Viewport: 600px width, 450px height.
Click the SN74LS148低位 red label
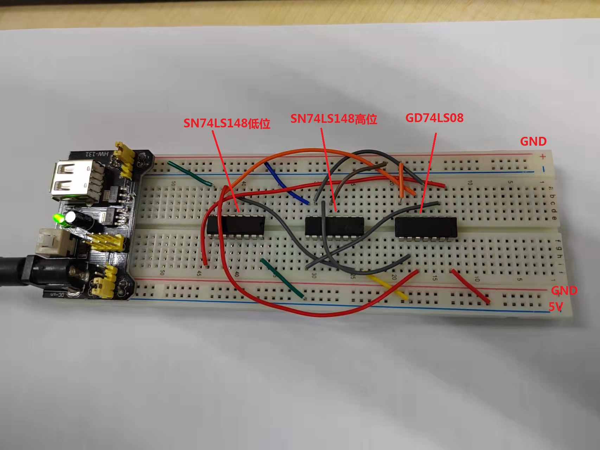point(227,123)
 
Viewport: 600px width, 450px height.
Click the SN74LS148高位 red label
point(333,119)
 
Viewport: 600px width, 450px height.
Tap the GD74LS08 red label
point(434,118)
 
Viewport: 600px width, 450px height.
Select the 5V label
point(556,307)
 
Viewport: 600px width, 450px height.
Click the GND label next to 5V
point(564,291)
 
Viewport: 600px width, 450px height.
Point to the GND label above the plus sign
point(533,141)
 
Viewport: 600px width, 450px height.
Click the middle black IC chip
point(334,226)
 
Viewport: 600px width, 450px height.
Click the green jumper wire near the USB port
point(190,173)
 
